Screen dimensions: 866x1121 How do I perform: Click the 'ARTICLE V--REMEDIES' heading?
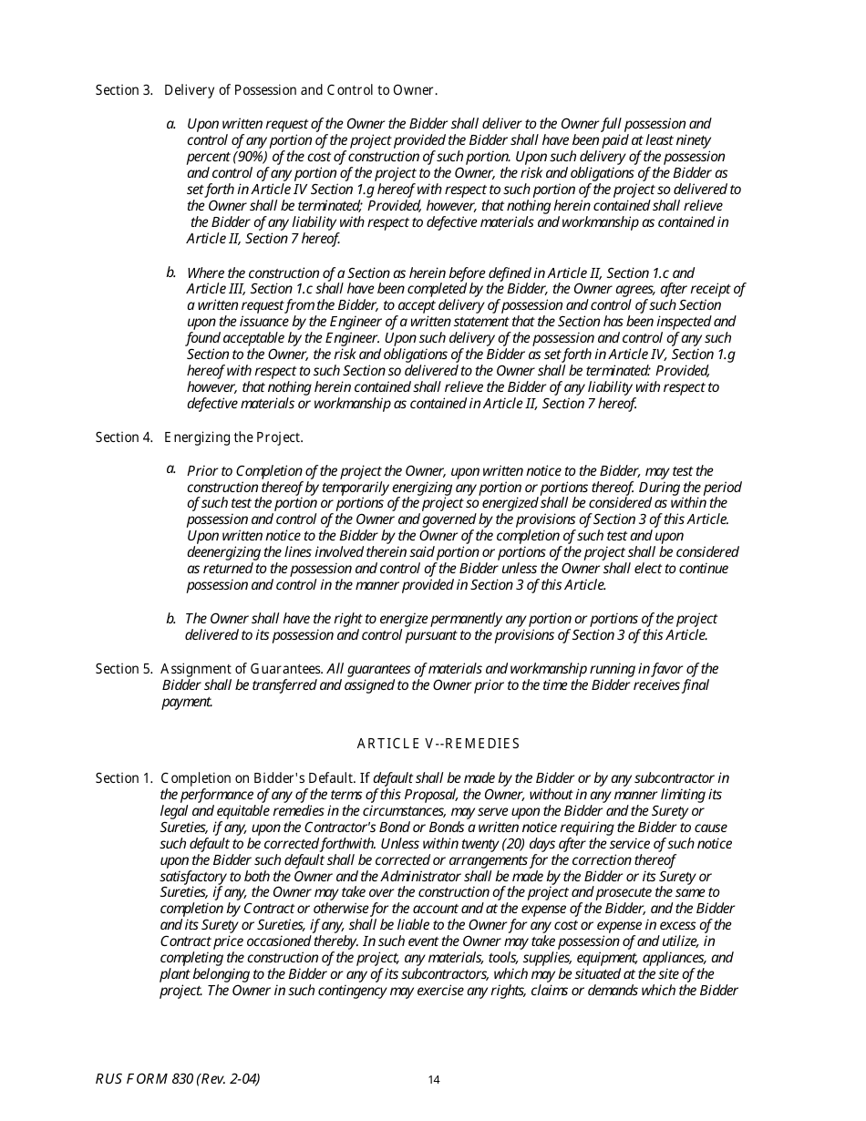point(438,744)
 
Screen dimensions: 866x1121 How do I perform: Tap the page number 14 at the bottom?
point(434,1081)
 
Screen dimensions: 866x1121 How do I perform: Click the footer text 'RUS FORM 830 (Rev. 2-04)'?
point(178,1079)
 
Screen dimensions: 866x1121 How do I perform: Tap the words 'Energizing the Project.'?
point(233,437)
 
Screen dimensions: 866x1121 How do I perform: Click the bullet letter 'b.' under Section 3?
point(171,273)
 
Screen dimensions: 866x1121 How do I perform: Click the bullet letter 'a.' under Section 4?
point(171,469)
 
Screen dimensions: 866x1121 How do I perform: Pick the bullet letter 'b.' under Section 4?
point(171,619)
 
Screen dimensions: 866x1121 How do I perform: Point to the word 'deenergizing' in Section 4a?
point(224,552)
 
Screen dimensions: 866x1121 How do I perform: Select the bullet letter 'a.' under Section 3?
point(171,123)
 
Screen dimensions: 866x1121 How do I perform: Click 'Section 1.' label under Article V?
point(124,778)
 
